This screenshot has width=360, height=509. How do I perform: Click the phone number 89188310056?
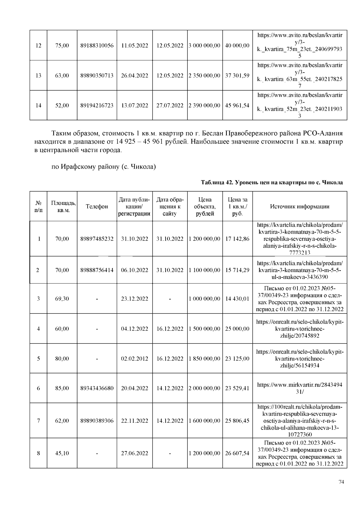click(97, 46)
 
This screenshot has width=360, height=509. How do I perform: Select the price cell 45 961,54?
click(237, 106)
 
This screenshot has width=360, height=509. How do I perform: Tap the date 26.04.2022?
click(134, 76)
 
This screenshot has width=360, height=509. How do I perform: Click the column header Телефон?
click(97, 206)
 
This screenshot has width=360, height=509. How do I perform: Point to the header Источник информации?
click(299, 206)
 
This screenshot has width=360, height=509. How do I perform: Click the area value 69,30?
click(62, 299)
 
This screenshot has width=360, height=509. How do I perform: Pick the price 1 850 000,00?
click(205, 358)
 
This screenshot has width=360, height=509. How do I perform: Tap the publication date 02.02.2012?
click(134, 358)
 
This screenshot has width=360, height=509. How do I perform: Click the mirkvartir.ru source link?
click(299, 388)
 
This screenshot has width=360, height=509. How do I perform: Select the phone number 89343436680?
click(97, 388)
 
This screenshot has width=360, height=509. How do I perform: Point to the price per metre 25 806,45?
click(237, 421)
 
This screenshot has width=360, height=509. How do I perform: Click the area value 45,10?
click(62, 453)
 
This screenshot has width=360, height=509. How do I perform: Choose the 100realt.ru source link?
click(299, 421)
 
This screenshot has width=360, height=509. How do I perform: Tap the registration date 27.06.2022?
click(134, 453)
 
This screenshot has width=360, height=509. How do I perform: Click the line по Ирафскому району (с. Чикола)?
click(103, 166)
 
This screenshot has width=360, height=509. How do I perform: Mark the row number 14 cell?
click(38, 106)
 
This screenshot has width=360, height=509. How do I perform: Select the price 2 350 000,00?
click(205, 76)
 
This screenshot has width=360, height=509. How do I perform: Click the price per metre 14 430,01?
click(237, 299)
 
